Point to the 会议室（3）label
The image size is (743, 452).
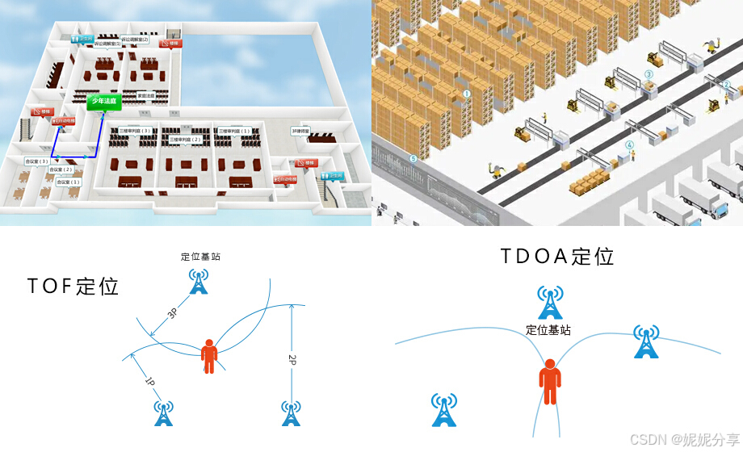tap(37, 161)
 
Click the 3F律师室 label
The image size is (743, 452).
tap(301, 130)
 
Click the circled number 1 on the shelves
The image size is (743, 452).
tap(466, 93)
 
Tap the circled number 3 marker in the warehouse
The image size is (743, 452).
tap(649, 74)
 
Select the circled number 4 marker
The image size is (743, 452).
tap(629, 145)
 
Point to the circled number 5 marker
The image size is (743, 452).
tap(414, 159)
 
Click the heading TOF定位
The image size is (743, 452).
tap(73, 286)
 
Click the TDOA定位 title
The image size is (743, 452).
tap(557, 257)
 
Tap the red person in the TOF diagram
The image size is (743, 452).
tap(209, 356)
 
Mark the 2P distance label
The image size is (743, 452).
tap(292, 358)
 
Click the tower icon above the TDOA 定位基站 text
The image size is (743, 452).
tap(550, 303)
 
